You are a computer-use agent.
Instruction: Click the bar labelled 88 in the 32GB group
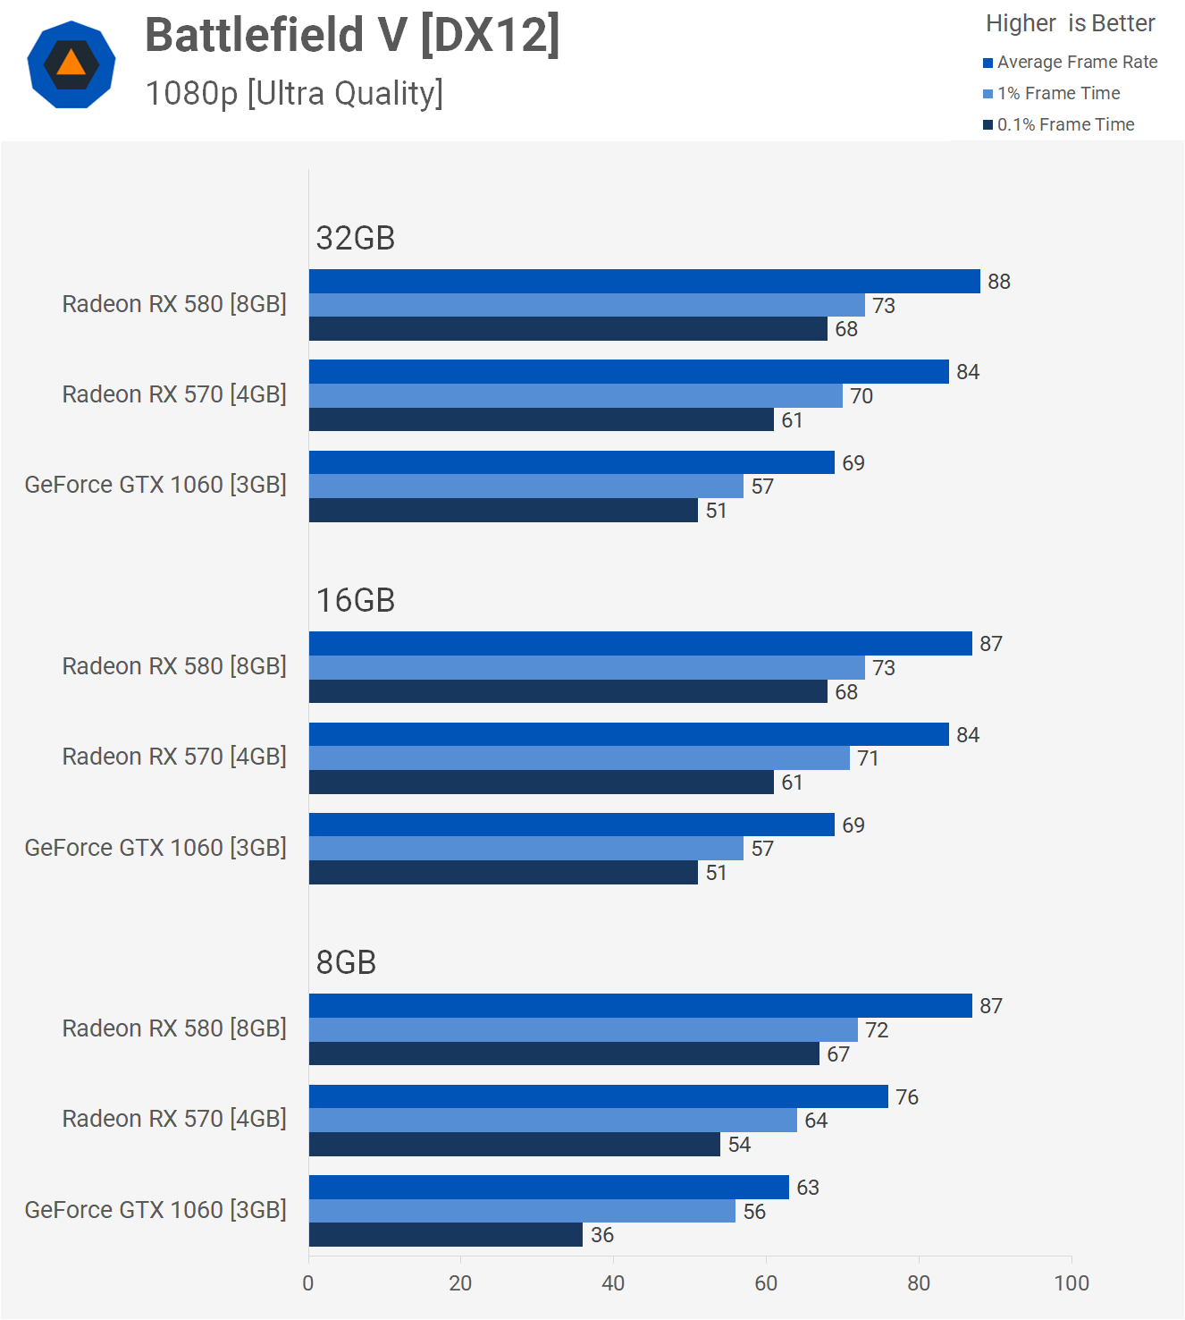coord(643,282)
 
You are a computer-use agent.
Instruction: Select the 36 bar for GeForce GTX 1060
coord(445,1235)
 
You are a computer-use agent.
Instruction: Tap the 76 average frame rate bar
coord(598,1096)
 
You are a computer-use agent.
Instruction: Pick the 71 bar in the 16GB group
coord(579,758)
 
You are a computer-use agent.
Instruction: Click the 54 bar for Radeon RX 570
coord(514,1145)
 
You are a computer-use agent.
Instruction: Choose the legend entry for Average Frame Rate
coord(1070,63)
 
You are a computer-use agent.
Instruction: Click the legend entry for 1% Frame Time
coord(1051,94)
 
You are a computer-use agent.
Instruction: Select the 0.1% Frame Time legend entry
coord(1058,125)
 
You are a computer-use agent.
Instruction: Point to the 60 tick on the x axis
coord(766,1283)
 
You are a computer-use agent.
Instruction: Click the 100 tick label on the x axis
coord(1071,1283)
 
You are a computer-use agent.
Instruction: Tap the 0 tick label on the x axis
coord(308,1283)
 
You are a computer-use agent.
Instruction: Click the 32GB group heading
coord(356,239)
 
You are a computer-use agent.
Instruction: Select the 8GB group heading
coord(346,963)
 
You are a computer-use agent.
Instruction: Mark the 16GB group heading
coord(356,601)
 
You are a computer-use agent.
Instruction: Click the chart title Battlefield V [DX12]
coord(352,36)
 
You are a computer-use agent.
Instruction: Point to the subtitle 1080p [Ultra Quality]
coord(294,94)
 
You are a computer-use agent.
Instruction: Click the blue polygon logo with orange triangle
coord(71,64)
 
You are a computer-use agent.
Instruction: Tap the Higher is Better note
coord(1070,23)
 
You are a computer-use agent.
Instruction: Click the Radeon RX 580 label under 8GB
coord(174,1028)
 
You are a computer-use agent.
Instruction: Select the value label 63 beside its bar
coord(808,1188)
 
